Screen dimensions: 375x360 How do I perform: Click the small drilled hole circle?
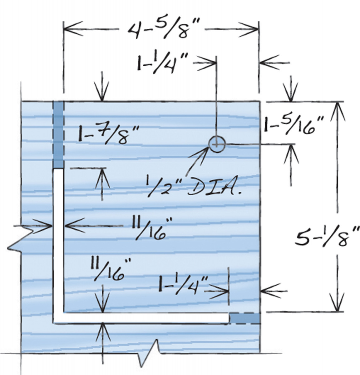(217, 144)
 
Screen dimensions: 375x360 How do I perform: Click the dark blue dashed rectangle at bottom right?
(245, 318)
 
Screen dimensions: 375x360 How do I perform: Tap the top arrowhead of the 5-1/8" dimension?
(337, 108)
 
